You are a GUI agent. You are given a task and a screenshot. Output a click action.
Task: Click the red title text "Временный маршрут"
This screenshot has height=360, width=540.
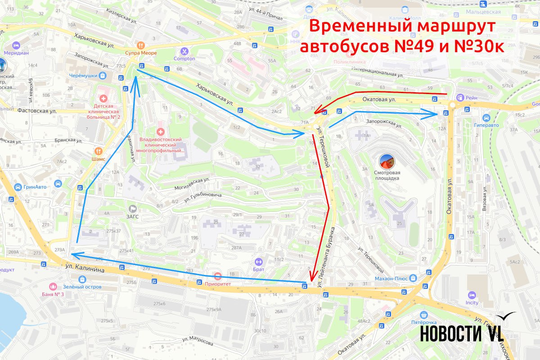tap(402, 27)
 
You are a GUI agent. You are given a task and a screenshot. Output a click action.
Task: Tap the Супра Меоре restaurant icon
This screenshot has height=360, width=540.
tap(141, 45)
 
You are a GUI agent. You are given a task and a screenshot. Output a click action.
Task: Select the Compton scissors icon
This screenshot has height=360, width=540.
tap(184, 51)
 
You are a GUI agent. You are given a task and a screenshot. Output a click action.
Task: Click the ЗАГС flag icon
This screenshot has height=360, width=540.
tap(133, 208)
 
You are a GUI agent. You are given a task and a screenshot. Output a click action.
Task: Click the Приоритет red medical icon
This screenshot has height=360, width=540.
tap(217, 276)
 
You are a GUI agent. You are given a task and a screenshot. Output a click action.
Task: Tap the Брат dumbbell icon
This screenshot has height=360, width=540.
tap(258, 261)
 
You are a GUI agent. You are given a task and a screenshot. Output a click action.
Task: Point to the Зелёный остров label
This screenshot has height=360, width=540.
tap(82, 287)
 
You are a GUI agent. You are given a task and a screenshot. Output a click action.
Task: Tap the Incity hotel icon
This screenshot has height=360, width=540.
tap(472, 295)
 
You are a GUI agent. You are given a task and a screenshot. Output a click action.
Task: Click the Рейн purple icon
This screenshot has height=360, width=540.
tap(460, 97)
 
